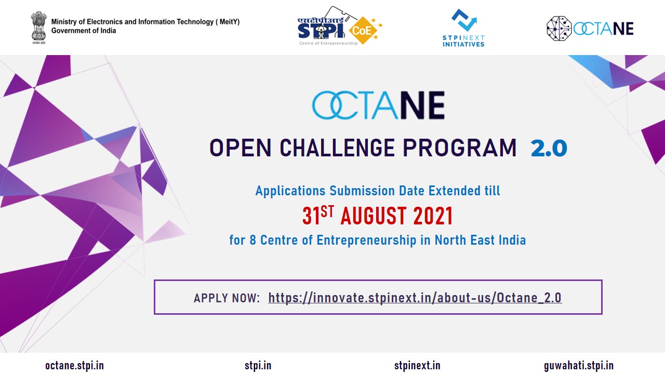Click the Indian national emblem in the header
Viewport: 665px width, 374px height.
pos(39,28)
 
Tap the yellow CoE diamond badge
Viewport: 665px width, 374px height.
pos(363,30)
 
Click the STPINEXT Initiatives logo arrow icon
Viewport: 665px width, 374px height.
pos(464,20)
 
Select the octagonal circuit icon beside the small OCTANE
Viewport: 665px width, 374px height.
pos(559,29)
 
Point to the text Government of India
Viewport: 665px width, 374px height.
pos(84,31)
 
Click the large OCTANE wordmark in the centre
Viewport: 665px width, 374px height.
pos(378,105)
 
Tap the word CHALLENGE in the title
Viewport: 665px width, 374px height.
pos(337,148)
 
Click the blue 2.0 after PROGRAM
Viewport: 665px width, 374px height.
pos(549,148)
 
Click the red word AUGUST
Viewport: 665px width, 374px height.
pos(374,216)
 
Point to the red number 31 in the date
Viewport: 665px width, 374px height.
pos(311,216)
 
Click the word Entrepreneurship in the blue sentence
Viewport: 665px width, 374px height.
pos(367,241)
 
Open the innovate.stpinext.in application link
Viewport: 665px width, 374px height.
pos(415,298)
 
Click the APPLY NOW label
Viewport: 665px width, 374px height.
pos(227,298)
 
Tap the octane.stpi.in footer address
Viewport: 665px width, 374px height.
pos(74,366)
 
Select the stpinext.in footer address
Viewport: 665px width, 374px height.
pos(417,366)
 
